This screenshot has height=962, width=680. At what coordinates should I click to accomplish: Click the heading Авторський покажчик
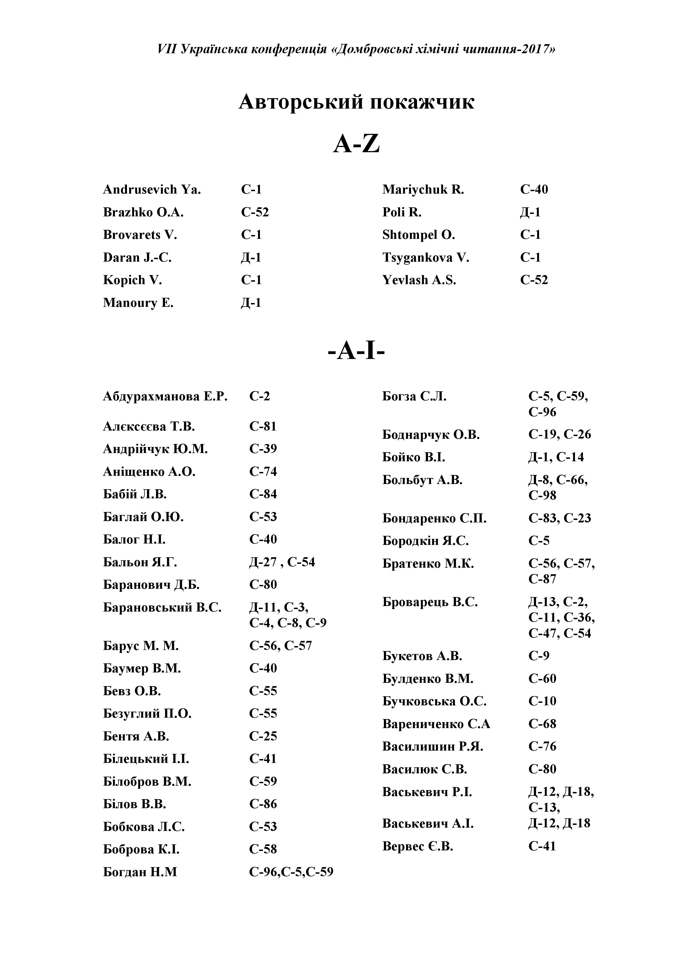coord(356,102)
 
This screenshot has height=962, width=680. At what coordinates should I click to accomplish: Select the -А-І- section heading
coord(356,351)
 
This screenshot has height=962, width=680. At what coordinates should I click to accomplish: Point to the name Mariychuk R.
coord(423,189)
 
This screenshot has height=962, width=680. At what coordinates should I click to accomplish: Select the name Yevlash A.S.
coord(419,280)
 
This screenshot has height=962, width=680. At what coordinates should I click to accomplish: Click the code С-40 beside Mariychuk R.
coord(534,189)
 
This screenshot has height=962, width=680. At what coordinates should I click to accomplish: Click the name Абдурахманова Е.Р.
coord(165,396)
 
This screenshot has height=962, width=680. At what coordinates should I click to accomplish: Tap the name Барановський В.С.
coord(162,607)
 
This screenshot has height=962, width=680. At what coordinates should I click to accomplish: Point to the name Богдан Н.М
coord(140,872)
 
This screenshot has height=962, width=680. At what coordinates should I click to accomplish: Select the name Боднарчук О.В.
coord(431,435)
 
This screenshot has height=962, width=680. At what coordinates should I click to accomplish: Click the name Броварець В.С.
coord(430,602)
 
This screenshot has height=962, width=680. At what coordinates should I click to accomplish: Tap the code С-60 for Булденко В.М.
coord(542,678)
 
